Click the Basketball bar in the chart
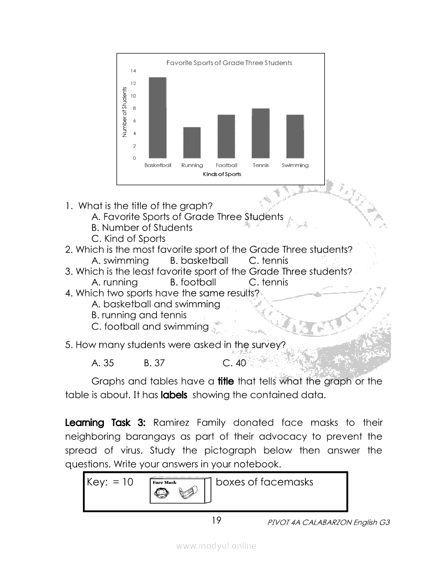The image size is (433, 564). (x=157, y=118)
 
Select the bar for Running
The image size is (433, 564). (x=192, y=142)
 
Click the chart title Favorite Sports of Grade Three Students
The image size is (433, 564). (x=229, y=63)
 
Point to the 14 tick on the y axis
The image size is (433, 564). (x=134, y=71)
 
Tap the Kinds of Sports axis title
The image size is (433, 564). (x=222, y=174)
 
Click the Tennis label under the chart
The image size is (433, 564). (x=260, y=165)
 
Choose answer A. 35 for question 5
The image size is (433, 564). (x=102, y=363)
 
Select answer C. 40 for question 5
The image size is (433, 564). (x=234, y=363)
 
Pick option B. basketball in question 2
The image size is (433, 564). (x=199, y=261)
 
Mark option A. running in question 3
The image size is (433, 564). (x=114, y=282)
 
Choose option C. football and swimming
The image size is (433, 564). (x=150, y=327)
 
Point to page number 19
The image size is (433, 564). (x=216, y=520)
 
